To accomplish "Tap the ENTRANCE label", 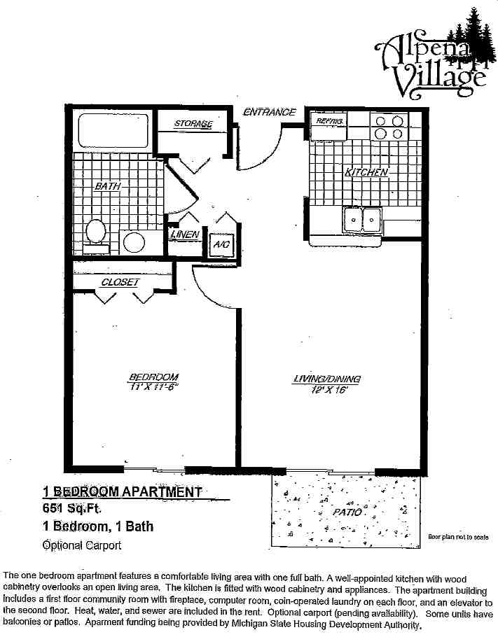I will tap(270, 112).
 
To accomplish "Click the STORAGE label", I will tap(193, 125).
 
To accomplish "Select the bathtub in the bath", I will tap(111, 131).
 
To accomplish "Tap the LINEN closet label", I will tap(186, 235).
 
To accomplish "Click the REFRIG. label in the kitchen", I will tap(328, 122).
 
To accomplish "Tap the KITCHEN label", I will tap(365, 172).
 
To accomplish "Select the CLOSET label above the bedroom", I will tap(120, 282).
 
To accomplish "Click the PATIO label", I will tap(347, 512).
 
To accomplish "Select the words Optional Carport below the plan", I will tap(82, 545).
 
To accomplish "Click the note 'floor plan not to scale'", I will tap(458, 537).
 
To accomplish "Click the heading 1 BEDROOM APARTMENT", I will tap(123, 492).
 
